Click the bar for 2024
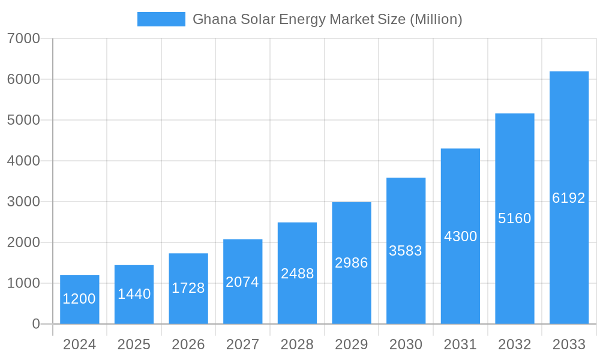pos(79,299)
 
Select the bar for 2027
pos(242,281)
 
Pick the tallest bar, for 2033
pos(569,197)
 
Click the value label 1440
pos(134,294)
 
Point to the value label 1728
pos(188,288)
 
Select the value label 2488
pos(297,274)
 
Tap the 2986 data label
pos(352,263)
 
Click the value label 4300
pos(460,236)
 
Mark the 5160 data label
pos(515,218)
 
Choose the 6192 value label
pos(569,198)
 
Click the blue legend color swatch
pos(161,19)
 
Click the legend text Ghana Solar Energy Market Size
pos(327,19)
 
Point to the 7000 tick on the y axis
pos(23,38)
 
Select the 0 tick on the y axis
pos(35,324)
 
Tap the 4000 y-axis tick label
pos(23,161)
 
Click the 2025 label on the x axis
pos(134,344)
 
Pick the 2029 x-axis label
pos(352,344)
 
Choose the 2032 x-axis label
pos(515,344)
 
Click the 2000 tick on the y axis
pos(23,242)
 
